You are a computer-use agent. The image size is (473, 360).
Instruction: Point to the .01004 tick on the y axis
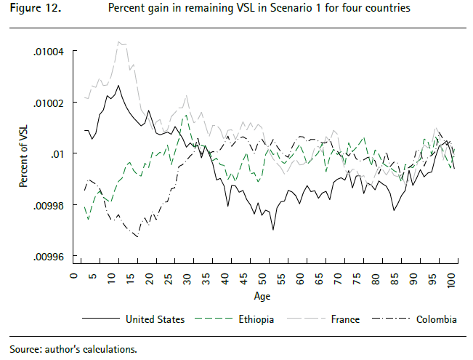[47, 52]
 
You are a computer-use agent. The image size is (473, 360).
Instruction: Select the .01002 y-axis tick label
[47, 103]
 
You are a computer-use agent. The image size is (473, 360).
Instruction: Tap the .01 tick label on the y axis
[56, 154]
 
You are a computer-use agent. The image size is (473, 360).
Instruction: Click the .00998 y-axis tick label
[47, 206]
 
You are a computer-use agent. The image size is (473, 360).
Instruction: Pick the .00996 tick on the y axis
[47, 257]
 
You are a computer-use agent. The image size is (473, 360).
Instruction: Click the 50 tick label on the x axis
[262, 278]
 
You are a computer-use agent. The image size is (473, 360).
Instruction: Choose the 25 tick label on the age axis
[168, 278]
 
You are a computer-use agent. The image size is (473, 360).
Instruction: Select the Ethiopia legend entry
[255, 319]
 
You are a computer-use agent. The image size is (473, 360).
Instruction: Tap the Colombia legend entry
[435, 319]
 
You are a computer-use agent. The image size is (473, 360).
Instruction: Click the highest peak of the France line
[118, 41]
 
